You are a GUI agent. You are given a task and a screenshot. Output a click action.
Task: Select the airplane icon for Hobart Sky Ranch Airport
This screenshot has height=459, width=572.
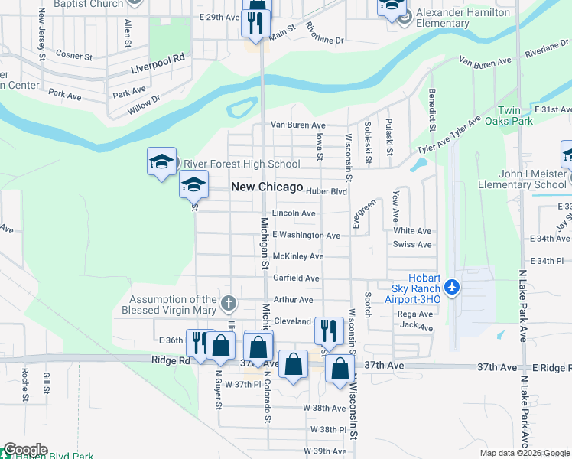(452, 288)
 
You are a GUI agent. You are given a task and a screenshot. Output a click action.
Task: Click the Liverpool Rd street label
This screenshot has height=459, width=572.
(158, 58)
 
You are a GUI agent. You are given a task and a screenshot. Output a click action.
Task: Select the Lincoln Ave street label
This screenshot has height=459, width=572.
(294, 213)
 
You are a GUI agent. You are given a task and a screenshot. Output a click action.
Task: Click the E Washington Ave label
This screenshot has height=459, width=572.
(306, 236)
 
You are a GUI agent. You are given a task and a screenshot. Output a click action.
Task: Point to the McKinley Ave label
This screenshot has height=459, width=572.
(298, 256)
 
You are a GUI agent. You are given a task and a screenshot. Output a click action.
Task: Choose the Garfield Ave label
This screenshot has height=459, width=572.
(297, 278)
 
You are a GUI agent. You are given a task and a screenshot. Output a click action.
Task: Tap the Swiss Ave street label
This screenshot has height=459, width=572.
(412, 245)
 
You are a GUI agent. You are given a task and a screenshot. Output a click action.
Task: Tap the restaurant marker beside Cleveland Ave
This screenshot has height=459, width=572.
(329, 330)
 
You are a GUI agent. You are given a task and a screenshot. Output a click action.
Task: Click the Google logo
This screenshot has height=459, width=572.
(24, 450)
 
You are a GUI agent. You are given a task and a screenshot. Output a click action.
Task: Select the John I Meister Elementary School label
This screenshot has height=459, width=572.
(522, 180)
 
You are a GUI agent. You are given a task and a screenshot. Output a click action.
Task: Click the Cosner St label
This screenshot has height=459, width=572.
(73, 56)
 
